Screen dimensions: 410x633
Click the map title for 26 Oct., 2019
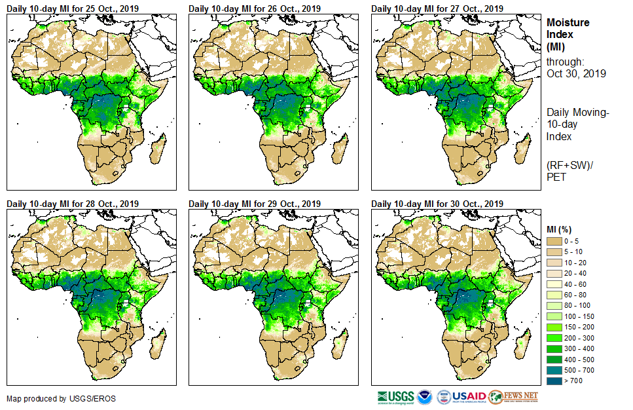click(255, 9)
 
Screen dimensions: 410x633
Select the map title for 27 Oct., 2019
click(437, 9)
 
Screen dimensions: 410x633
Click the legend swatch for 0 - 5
click(554, 242)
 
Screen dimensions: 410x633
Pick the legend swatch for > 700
click(554, 380)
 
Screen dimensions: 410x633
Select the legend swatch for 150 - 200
click(554, 327)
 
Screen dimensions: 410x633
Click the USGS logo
click(396, 397)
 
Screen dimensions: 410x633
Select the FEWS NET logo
click(514, 397)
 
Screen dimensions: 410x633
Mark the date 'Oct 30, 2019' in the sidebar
click(576, 73)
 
